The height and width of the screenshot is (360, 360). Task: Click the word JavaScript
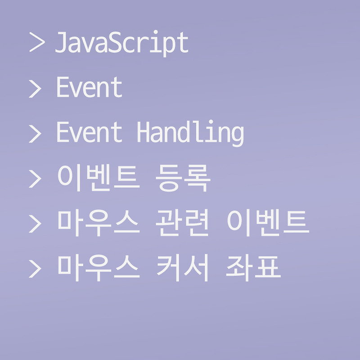click(x=121, y=44)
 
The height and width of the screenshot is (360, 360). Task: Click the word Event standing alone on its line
click(x=89, y=88)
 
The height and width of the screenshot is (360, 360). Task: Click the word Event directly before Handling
click(x=89, y=133)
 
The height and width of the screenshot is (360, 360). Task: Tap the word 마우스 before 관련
click(x=97, y=223)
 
